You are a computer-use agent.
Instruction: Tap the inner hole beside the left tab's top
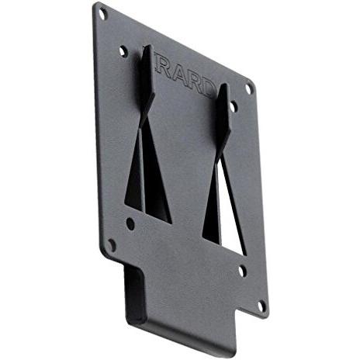(x=123, y=51)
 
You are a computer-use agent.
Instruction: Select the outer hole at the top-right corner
(x=249, y=89)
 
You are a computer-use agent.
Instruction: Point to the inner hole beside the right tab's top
(x=234, y=106)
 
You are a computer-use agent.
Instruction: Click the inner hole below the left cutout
(x=130, y=223)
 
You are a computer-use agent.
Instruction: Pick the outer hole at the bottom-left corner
(x=112, y=244)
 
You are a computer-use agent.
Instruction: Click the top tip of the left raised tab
(x=146, y=48)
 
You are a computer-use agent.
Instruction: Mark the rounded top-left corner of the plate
(x=97, y=8)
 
